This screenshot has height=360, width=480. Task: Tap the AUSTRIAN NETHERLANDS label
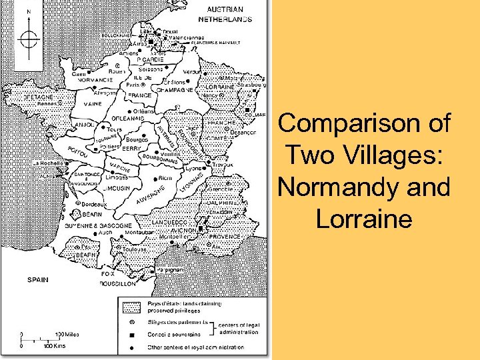[229, 15]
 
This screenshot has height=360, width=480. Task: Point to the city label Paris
[133, 85]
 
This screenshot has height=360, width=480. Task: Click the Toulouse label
[135, 249]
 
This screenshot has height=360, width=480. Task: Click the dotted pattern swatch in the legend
[130, 306]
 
